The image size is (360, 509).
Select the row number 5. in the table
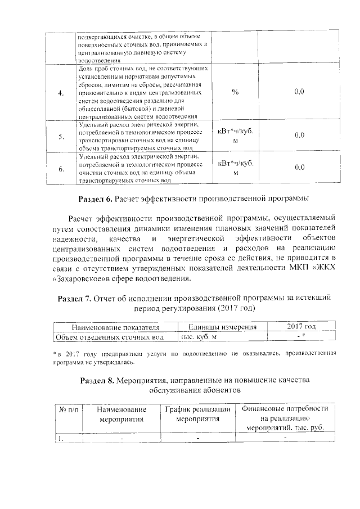click(x=61, y=136)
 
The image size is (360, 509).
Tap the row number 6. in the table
click(x=61, y=168)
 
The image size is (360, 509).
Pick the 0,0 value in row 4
click(x=299, y=91)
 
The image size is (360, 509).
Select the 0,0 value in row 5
click(x=299, y=135)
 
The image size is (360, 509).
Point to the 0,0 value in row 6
click(x=299, y=167)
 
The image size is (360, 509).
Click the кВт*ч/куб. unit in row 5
click(x=235, y=131)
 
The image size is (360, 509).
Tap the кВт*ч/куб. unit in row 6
click(x=235, y=164)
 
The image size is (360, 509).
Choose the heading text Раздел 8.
click(x=98, y=380)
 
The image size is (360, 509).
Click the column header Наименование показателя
click(x=115, y=327)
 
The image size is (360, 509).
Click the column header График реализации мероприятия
click(x=197, y=414)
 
